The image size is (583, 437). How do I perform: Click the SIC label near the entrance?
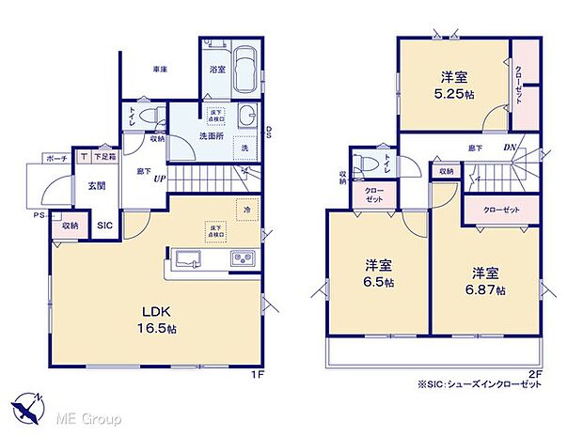pyautogui.click(x=105, y=226)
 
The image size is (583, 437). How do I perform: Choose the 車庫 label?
pyautogui.click(x=161, y=70)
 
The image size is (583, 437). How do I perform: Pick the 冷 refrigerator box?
pyautogui.click(x=247, y=210)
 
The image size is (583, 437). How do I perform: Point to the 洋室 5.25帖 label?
pyautogui.click(x=454, y=85)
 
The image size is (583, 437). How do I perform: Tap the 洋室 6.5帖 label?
pyautogui.click(x=380, y=273)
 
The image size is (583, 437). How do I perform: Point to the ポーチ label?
pyautogui.click(x=55, y=159)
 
